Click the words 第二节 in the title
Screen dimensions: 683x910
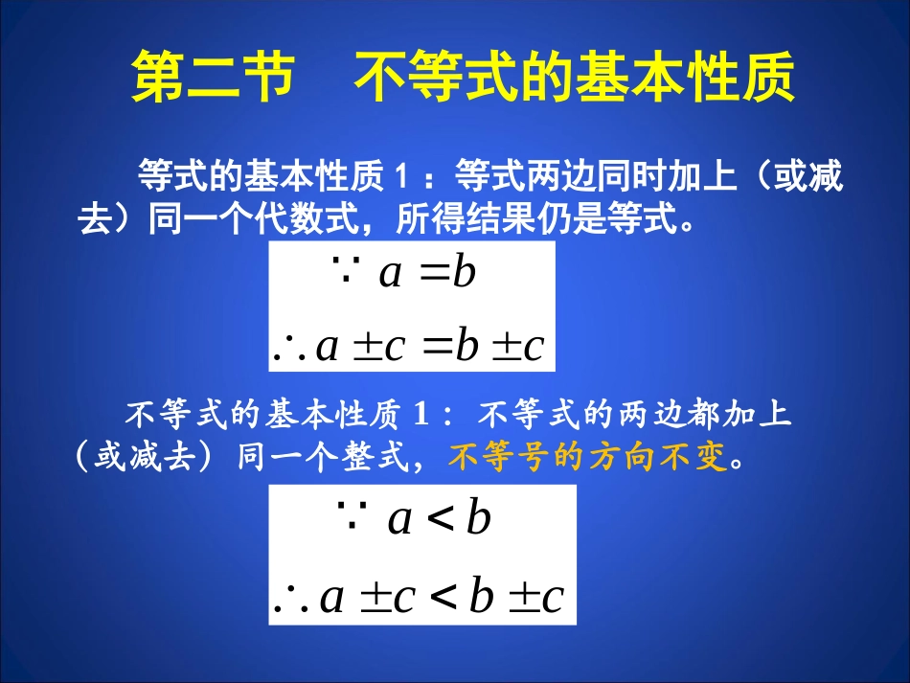(x=210, y=79)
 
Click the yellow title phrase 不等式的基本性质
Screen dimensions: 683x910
(x=575, y=79)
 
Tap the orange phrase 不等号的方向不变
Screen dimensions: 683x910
(x=587, y=458)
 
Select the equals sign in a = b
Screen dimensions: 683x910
(x=435, y=274)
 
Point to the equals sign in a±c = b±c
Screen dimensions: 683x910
(x=437, y=346)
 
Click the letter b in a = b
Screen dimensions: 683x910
(x=465, y=274)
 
